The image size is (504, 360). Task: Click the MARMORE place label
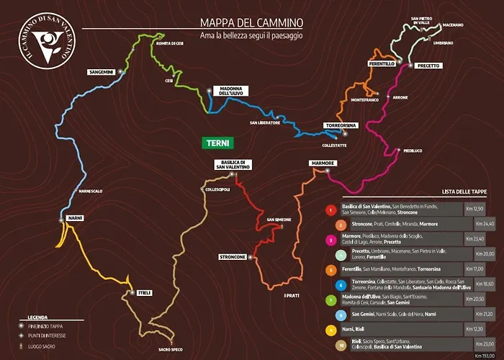click(322, 163)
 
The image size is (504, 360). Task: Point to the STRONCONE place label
click(233, 257)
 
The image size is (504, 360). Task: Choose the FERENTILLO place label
click(381, 64)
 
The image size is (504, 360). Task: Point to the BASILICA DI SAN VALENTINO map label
click(234, 164)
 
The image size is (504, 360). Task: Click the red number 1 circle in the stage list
click(330, 210)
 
